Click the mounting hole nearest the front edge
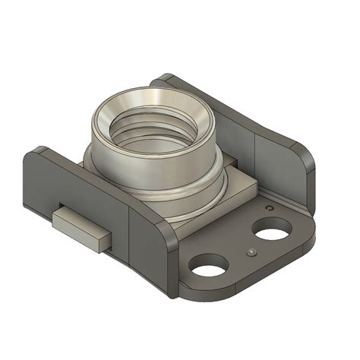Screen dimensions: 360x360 coord(210,265)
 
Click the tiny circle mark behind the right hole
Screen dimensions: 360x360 coord(268,207)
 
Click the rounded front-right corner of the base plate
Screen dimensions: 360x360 coord(308,243)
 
